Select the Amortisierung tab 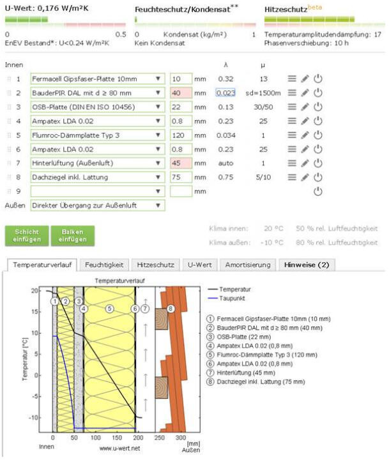(x=247, y=265)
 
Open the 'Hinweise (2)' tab (x=307, y=265)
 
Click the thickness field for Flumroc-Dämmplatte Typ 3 (x=181, y=135)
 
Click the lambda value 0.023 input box (x=226, y=93)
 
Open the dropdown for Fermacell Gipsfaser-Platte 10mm (x=97, y=79)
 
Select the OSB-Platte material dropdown (x=97, y=107)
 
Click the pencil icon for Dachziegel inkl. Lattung (x=305, y=178)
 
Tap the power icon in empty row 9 (x=317, y=192)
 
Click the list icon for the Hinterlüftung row (x=292, y=164)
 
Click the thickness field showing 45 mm (x=181, y=164)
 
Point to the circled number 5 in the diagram (x=109, y=309)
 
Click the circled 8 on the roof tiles (x=171, y=309)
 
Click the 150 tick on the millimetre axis (x=116, y=438)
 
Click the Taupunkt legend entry (x=234, y=298)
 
